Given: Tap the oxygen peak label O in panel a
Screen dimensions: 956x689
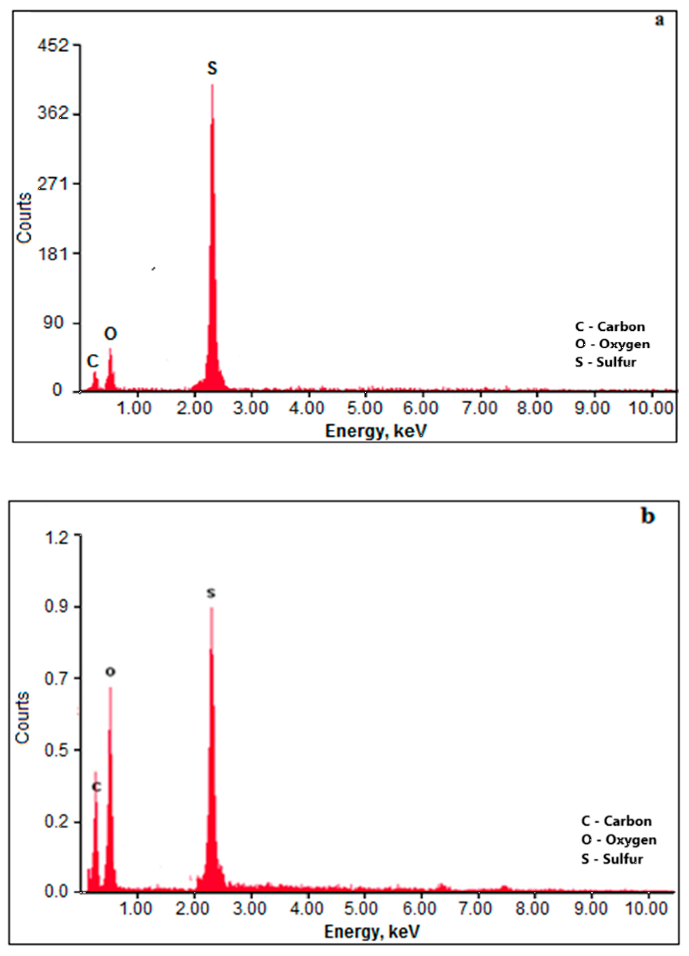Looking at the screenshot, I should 110,334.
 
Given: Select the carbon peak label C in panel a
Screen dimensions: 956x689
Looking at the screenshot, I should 93,361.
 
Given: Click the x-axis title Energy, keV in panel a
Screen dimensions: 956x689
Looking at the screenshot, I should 376,431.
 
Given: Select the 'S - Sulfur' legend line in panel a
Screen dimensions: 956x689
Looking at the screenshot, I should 606,362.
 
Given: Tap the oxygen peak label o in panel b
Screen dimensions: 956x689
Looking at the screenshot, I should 110,672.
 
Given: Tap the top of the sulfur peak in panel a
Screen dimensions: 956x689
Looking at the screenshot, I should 212,85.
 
